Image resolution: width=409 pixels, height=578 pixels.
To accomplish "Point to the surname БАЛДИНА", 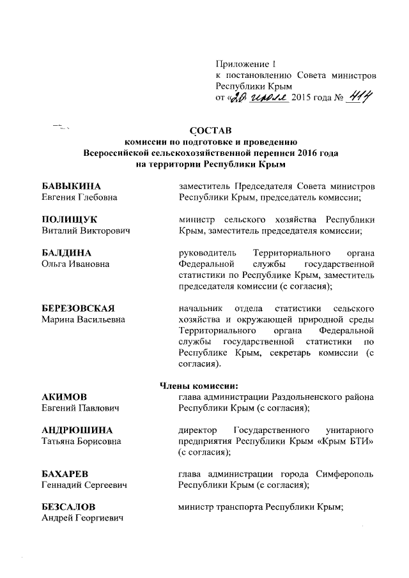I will point(64,252).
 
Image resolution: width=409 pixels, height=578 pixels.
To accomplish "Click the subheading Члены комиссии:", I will point(198,385).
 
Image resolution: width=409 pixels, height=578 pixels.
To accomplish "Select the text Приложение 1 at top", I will point(245,64).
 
